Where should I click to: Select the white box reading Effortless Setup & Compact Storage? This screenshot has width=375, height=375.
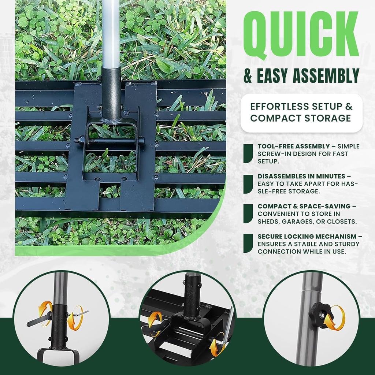(x=301, y=113)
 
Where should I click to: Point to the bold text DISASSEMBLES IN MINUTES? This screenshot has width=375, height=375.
(x=301, y=176)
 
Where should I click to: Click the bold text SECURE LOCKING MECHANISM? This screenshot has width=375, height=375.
(x=307, y=237)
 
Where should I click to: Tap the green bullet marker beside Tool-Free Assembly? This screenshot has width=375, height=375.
(x=248, y=153)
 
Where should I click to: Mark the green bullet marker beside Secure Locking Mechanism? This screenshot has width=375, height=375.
(x=248, y=244)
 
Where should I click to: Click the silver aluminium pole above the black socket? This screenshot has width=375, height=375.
(x=111, y=33)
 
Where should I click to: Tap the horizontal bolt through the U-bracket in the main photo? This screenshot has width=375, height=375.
(x=110, y=140)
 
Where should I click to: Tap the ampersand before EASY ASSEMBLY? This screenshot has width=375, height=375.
(x=248, y=77)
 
